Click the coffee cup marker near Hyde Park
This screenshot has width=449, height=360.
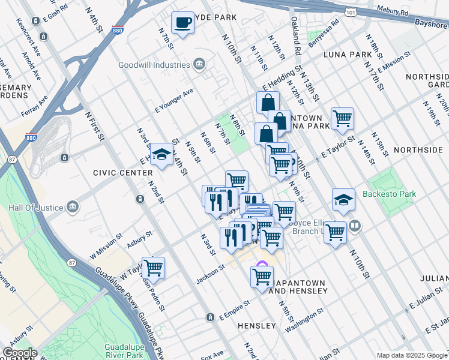(183, 23)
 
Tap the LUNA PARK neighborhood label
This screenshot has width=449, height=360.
(348, 55)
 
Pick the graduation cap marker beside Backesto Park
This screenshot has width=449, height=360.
(343, 200)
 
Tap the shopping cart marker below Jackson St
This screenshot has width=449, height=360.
(262, 277)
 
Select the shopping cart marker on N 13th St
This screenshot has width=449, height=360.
(342, 118)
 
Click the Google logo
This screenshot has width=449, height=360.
(19, 353)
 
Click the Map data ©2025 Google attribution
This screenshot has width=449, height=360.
(412, 355)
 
